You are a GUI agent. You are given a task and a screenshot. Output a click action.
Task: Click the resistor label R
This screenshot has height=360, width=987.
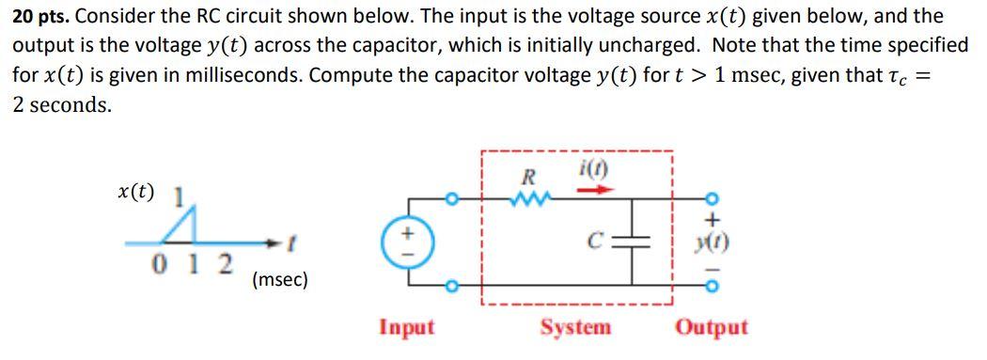click(528, 177)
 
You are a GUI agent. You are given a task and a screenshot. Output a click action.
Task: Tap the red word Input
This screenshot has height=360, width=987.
click(406, 327)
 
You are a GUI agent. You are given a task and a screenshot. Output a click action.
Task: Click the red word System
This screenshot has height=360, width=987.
click(575, 327)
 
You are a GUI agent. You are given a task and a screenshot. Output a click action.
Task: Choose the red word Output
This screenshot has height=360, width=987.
click(712, 327)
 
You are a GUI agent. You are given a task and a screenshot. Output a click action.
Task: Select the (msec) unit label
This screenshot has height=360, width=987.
click(279, 279)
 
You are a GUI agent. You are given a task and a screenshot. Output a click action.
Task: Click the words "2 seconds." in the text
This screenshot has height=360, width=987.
click(61, 105)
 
